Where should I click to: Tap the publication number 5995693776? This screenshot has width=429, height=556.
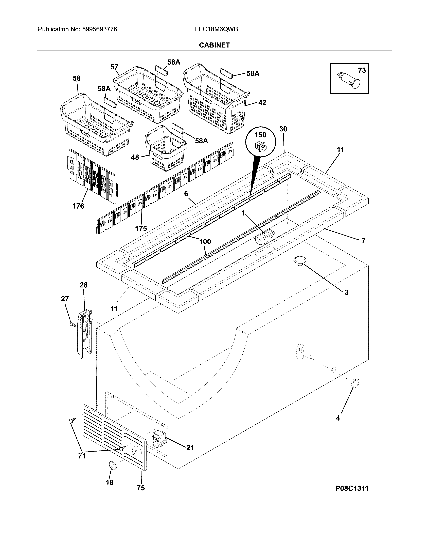[x=100, y=29]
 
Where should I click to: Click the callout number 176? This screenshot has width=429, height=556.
[x=78, y=206]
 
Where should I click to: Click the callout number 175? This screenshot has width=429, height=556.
[x=141, y=228]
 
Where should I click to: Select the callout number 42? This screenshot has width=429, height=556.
[x=262, y=103]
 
